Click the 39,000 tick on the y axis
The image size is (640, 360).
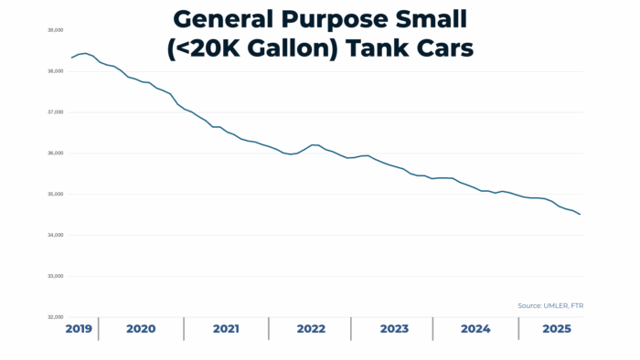coord(56,30)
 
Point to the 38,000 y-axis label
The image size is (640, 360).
coord(56,71)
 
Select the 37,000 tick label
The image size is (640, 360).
coord(56,112)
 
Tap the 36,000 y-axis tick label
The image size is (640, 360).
coord(56,154)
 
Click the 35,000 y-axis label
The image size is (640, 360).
coord(56,195)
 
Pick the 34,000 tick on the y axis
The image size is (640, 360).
coord(56,236)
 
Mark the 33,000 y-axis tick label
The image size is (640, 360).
coord(56,277)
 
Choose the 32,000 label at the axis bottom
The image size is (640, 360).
coord(56,317)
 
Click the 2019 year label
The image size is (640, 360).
coord(79,329)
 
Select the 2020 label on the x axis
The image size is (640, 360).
coord(141,329)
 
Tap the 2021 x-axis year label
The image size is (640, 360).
coord(226,329)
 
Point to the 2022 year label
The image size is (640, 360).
coord(311,329)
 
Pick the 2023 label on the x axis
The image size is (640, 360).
coord(394,329)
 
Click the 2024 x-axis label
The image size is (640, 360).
coord(475,329)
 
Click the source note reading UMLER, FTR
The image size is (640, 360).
coord(544,305)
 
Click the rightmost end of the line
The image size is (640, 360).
coord(581,215)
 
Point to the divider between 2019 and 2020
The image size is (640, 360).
coord(99,329)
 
